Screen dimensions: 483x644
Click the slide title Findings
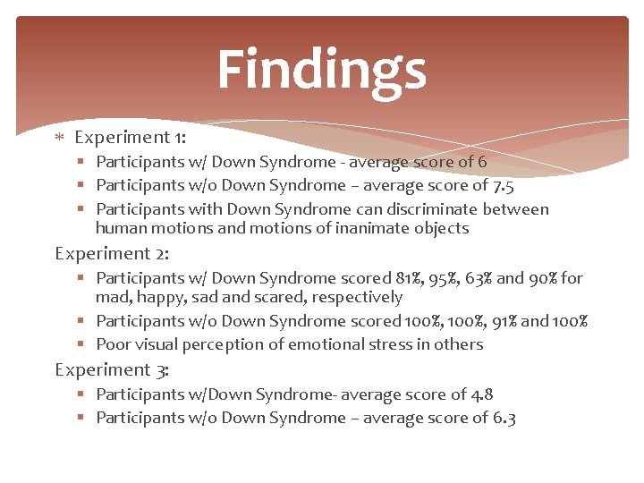coord(321,70)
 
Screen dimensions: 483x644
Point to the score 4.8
coord(482,394)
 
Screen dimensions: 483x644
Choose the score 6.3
coord(504,418)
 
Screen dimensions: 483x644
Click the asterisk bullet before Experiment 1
coord(59,139)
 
